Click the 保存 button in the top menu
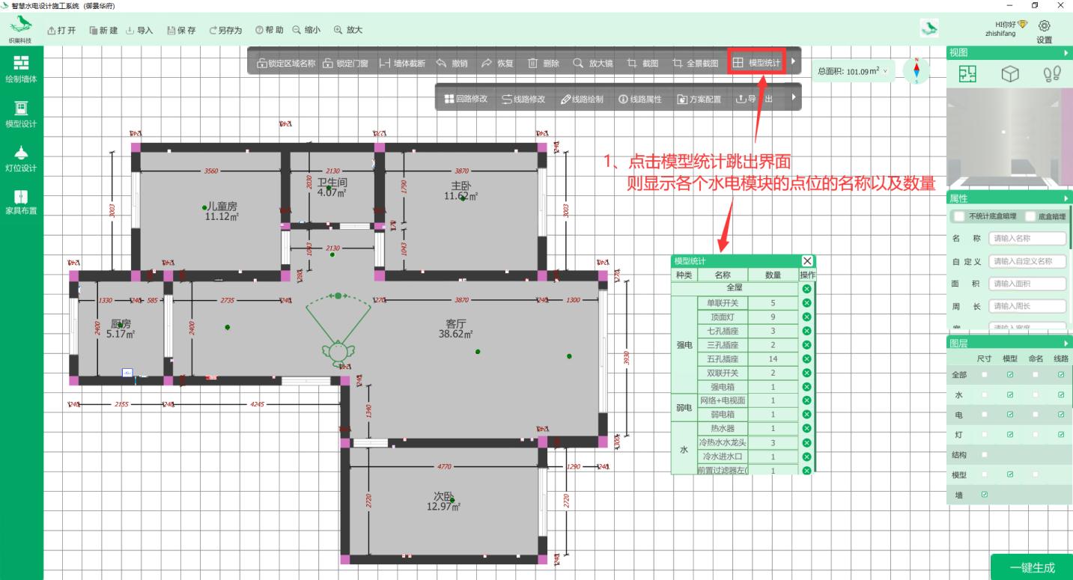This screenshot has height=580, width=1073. (180, 30)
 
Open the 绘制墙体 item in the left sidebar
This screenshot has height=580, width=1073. (21, 68)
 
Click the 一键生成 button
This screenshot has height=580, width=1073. (1031, 568)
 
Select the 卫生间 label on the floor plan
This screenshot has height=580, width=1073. (332, 183)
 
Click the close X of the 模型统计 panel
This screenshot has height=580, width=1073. (806, 261)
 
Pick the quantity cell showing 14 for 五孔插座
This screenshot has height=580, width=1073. (773, 359)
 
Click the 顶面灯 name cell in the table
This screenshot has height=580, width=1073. (722, 317)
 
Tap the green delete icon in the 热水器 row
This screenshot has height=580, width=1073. (806, 429)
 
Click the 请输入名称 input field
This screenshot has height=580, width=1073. (1027, 239)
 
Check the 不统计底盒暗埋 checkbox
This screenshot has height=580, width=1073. (959, 216)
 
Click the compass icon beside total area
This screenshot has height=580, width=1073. (916, 70)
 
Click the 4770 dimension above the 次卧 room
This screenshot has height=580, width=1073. (444, 466)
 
